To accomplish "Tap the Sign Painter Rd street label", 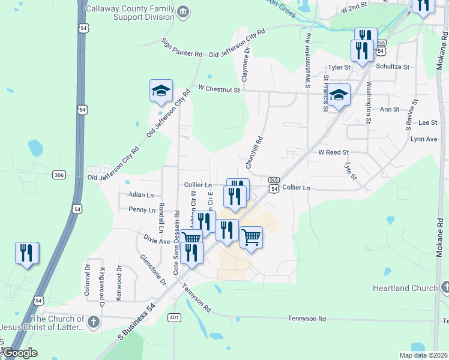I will [182, 48].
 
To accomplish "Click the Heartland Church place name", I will [405, 289].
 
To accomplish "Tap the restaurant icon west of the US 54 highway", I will [27, 253].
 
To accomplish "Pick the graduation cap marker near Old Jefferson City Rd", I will [161, 91].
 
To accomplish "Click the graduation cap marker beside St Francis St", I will [339, 95].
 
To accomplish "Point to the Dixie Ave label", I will [157, 241].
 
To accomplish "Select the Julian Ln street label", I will [140, 195].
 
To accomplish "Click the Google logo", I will [20, 353].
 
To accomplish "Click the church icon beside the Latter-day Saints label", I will [92, 322].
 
